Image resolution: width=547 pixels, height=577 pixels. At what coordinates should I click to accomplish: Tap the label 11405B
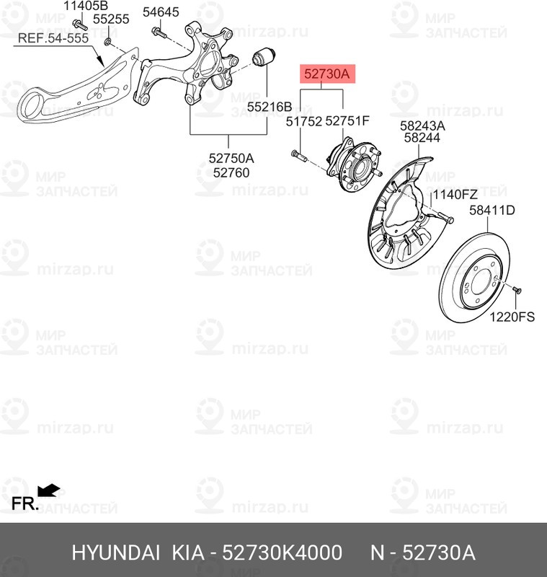click(x=85, y=6)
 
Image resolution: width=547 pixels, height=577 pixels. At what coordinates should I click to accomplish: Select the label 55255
click(x=110, y=19)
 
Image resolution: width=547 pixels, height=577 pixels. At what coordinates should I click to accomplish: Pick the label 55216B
click(x=269, y=106)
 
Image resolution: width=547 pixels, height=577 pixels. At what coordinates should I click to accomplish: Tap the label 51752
click(x=303, y=123)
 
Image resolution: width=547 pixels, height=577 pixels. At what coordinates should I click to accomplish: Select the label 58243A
click(x=424, y=125)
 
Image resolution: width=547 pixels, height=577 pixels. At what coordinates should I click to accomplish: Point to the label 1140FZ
click(x=455, y=194)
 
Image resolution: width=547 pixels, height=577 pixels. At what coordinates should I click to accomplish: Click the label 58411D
click(x=492, y=211)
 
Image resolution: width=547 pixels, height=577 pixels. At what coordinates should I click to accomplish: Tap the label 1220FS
click(x=512, y=316)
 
